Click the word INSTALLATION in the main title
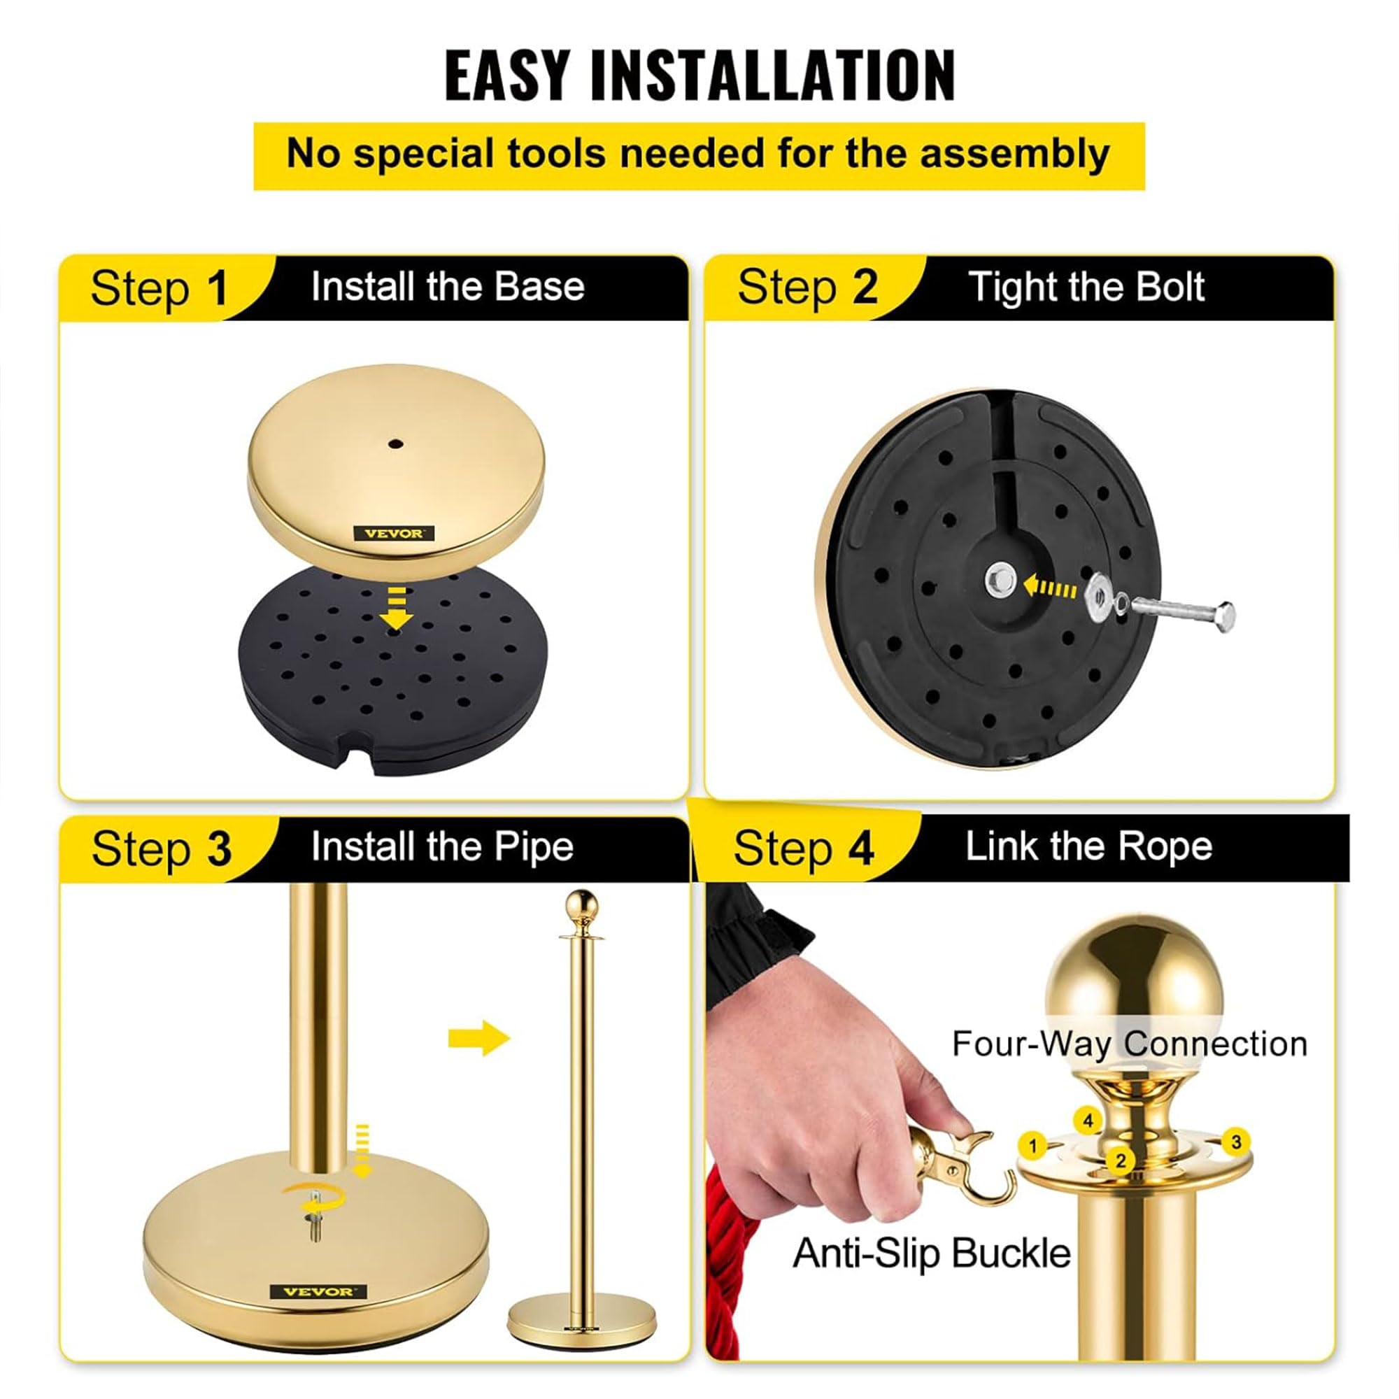click(773, 76)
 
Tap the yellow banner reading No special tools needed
click(698, 156)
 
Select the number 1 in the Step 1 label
click(217, 288)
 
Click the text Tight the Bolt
click(1086, 287)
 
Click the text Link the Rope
click(1088, 846)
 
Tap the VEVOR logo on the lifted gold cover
click(394, 533)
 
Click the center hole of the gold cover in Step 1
click(394, 443)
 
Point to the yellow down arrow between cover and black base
click(395, 609)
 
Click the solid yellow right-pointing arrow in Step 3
click(478, 1038)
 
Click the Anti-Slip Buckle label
click(931, 1253)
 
